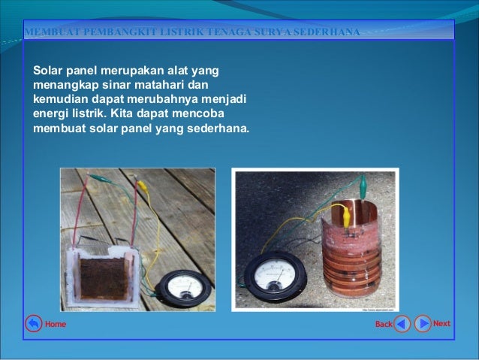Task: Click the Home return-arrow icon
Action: (33, 324)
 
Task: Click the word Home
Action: (56, 325)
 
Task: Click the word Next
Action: (441, 324)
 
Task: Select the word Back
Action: (384, 325)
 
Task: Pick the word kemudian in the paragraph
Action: (62, 98)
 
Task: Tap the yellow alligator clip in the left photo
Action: (141, 185)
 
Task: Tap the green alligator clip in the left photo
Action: (98, 178)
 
